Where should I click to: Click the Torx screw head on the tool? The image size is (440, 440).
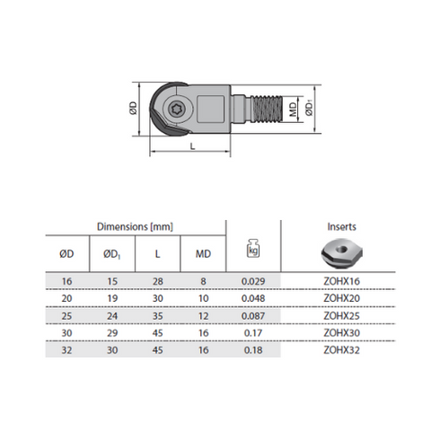pyautogui.click(x=175, y=109)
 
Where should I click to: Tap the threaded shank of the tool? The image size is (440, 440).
pyautogui.click(x=266, y=109)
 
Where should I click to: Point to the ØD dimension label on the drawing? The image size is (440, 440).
pyautogui.click(x=133, y=108)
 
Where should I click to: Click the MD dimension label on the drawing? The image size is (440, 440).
pyautogui.click(x=293, y=109)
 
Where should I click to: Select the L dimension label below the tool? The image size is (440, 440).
pyautogui.click(x=192, y=146)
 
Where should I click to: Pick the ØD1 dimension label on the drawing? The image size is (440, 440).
pyautogui.click(x=309, y=109)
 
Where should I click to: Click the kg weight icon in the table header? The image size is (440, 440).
pyautogui.click(x=253, y=248)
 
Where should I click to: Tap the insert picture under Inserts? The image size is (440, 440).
pyautogui.click(x=341, y=253)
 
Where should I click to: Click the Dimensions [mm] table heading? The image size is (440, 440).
pyautogui.click(x=135, y=226)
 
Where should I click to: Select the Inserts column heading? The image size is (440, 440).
pyautogui.click(x=341, y=226)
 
